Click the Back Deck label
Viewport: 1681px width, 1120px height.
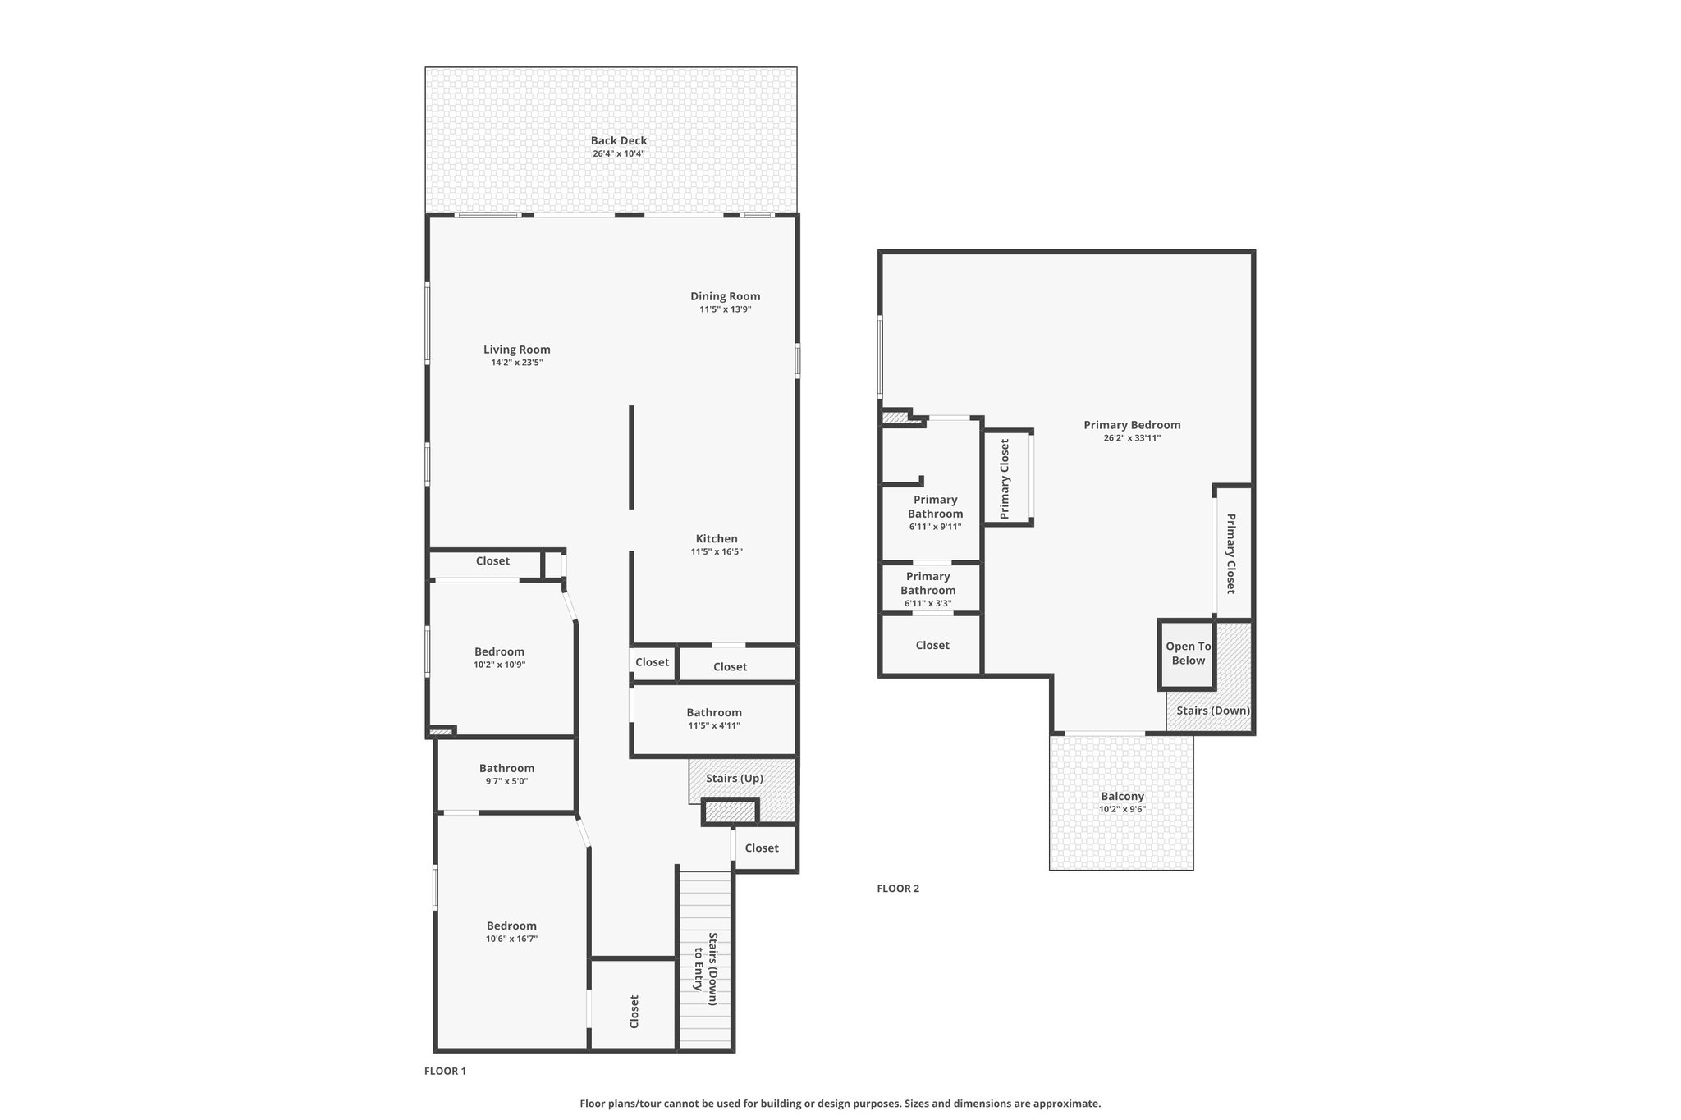pyautogui.click(x=619, y=140)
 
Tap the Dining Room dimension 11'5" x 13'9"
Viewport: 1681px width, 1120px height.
pyautogui.click(x=725, y=310)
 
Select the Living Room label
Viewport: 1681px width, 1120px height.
pyautogui.click(x=516, y=350)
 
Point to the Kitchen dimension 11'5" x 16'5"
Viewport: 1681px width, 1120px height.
pyautogui.click(x=717, y=552)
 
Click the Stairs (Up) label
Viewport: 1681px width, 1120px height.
pyautogui.click(x=735, y=778)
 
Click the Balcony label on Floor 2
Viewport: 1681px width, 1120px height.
pyautogui.click(x=1122, y=796)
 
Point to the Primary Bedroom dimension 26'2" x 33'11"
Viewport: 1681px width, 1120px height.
pyautogui.click(x=1132, y=438)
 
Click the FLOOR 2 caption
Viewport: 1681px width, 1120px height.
pyautogui.click(x=898, y=889)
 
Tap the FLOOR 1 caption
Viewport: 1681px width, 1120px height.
pyautogui.click(x=445, y=1071)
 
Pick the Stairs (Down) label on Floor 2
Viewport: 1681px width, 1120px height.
pyautogui.click(x=1213, y=711)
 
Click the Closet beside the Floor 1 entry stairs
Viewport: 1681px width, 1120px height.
pyautogui.click(x=634, y=1012)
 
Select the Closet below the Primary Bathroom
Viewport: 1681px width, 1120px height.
pyautogui.click(x=932, y=646)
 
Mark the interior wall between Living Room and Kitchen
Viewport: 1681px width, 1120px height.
pyautogui.click(x=631, y=457)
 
